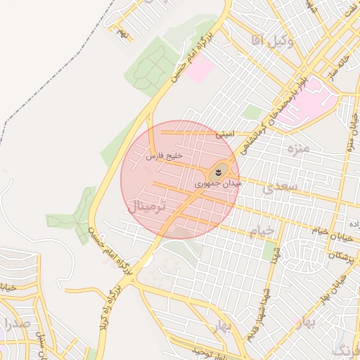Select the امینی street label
[226, 132]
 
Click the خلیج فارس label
[165, 156]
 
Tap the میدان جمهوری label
[219, 183]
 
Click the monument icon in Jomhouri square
[218, 171]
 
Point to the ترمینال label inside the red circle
[147, 206]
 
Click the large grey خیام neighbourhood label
[260, 231]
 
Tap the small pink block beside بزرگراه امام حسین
[200, 70]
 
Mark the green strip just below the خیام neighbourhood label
[269, 250]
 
